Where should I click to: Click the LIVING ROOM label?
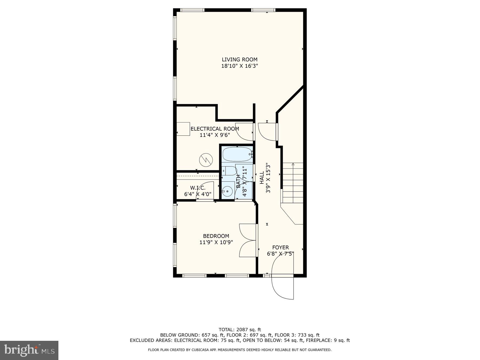[239, 59]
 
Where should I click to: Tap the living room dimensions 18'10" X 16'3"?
[239, 66]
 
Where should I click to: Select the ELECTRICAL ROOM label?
[215, 129]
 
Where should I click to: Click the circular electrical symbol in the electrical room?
[206, 160]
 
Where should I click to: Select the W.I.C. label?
[198, 188]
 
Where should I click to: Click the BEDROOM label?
[216, 236]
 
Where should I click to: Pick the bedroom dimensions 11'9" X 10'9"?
[216, 242]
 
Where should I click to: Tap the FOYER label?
[280, 247]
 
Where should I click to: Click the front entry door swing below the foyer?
[282, 287]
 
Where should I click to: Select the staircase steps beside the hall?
[293, 183]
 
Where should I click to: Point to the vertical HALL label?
[262, 178]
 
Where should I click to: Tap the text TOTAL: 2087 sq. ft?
[239, 330]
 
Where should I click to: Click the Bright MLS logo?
[29, 350]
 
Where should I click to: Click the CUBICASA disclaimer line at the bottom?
[239, 350]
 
